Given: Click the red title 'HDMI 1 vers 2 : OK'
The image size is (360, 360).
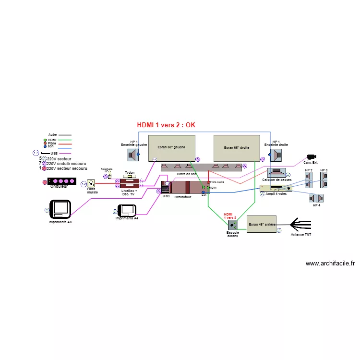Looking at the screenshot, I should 166,125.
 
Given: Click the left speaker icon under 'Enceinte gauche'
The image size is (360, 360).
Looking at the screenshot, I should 132,155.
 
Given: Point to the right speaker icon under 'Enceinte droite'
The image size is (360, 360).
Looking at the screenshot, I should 276,155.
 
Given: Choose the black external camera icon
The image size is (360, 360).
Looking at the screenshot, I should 312,156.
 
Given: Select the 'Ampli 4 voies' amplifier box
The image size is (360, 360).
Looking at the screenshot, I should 276,188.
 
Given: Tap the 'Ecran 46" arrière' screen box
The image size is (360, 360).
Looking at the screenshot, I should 261,224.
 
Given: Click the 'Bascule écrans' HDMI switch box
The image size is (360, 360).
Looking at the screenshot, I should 233,225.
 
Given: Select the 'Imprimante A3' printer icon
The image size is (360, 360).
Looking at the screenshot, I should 61,209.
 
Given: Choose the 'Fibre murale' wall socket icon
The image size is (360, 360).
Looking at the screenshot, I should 91,184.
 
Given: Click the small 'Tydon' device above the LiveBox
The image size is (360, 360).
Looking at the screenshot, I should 130,176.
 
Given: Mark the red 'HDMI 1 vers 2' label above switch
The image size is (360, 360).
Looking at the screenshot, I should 230,216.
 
